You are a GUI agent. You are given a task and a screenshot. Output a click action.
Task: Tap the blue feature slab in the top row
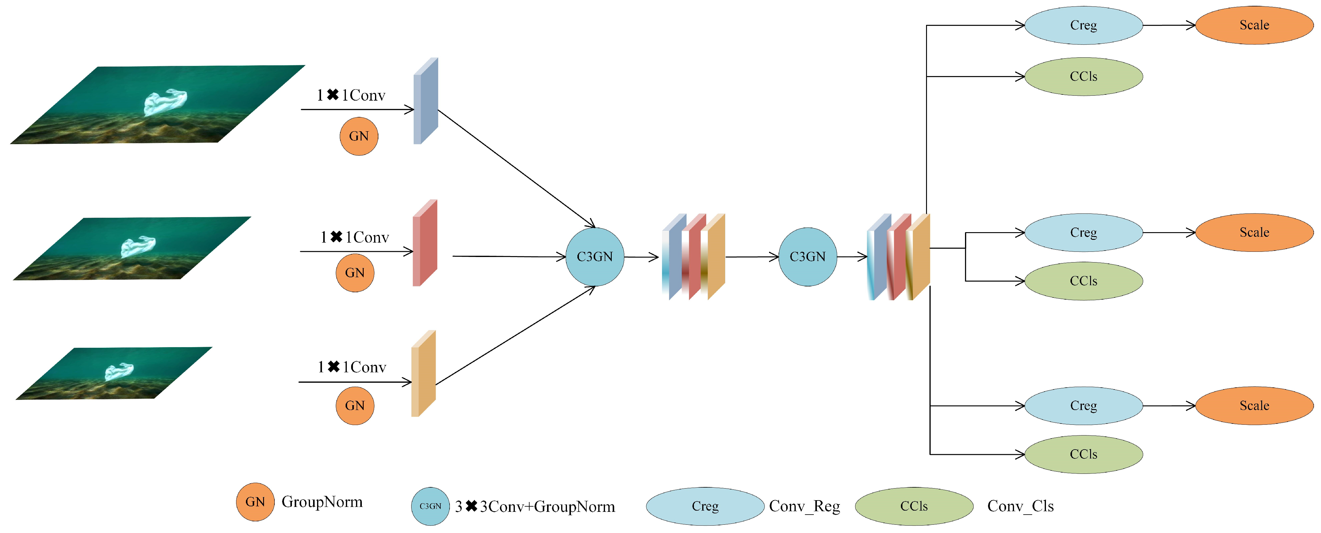pyautogui.click(x=426, y=101)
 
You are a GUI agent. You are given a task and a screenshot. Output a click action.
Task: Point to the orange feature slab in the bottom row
pyautogui.click(x=423, y=374)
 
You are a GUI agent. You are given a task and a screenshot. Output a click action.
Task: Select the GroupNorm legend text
pyautogui.click(x=322, y=502)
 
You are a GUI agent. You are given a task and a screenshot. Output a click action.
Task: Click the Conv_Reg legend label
pyautogui.click(x=804, y=506)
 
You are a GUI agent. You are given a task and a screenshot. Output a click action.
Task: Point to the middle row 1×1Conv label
pyautogui.click(x=354, y=237)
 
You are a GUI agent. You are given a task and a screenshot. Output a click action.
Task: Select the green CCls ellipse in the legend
pyautogui.click(x=914, y=506)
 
